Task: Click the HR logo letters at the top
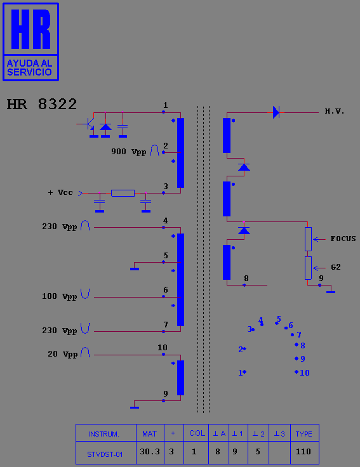point(30,29)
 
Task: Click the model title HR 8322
point(42,104)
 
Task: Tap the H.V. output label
point(335,112)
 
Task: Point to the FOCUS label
point(343,239)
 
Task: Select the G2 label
point(336,267)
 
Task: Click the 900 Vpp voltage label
point(129,152)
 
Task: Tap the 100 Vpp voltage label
point(59,296)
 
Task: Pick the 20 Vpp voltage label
point(63,354)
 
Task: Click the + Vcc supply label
point(60,192)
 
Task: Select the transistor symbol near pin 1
point(88,124)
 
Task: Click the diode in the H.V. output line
point(276,112)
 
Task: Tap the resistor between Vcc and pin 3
point(123,193)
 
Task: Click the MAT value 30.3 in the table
point(150,452)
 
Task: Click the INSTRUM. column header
point(104,434)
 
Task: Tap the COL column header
point(197,433)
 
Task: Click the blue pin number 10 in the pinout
point(305,372)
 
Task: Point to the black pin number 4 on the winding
point(166,221)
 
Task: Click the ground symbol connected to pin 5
point(135,269)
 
